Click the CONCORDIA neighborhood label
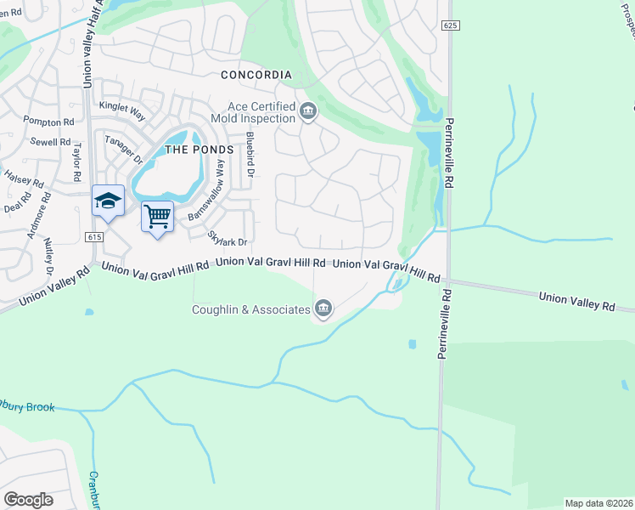coord(256,75)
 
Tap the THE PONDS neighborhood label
coord(198,150)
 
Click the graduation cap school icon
coord(108,201)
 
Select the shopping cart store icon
coord(157,218)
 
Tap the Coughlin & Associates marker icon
coord(323,309)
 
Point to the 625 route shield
coord(450,26)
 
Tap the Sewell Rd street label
coord(49,142)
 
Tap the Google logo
coord(28,500)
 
